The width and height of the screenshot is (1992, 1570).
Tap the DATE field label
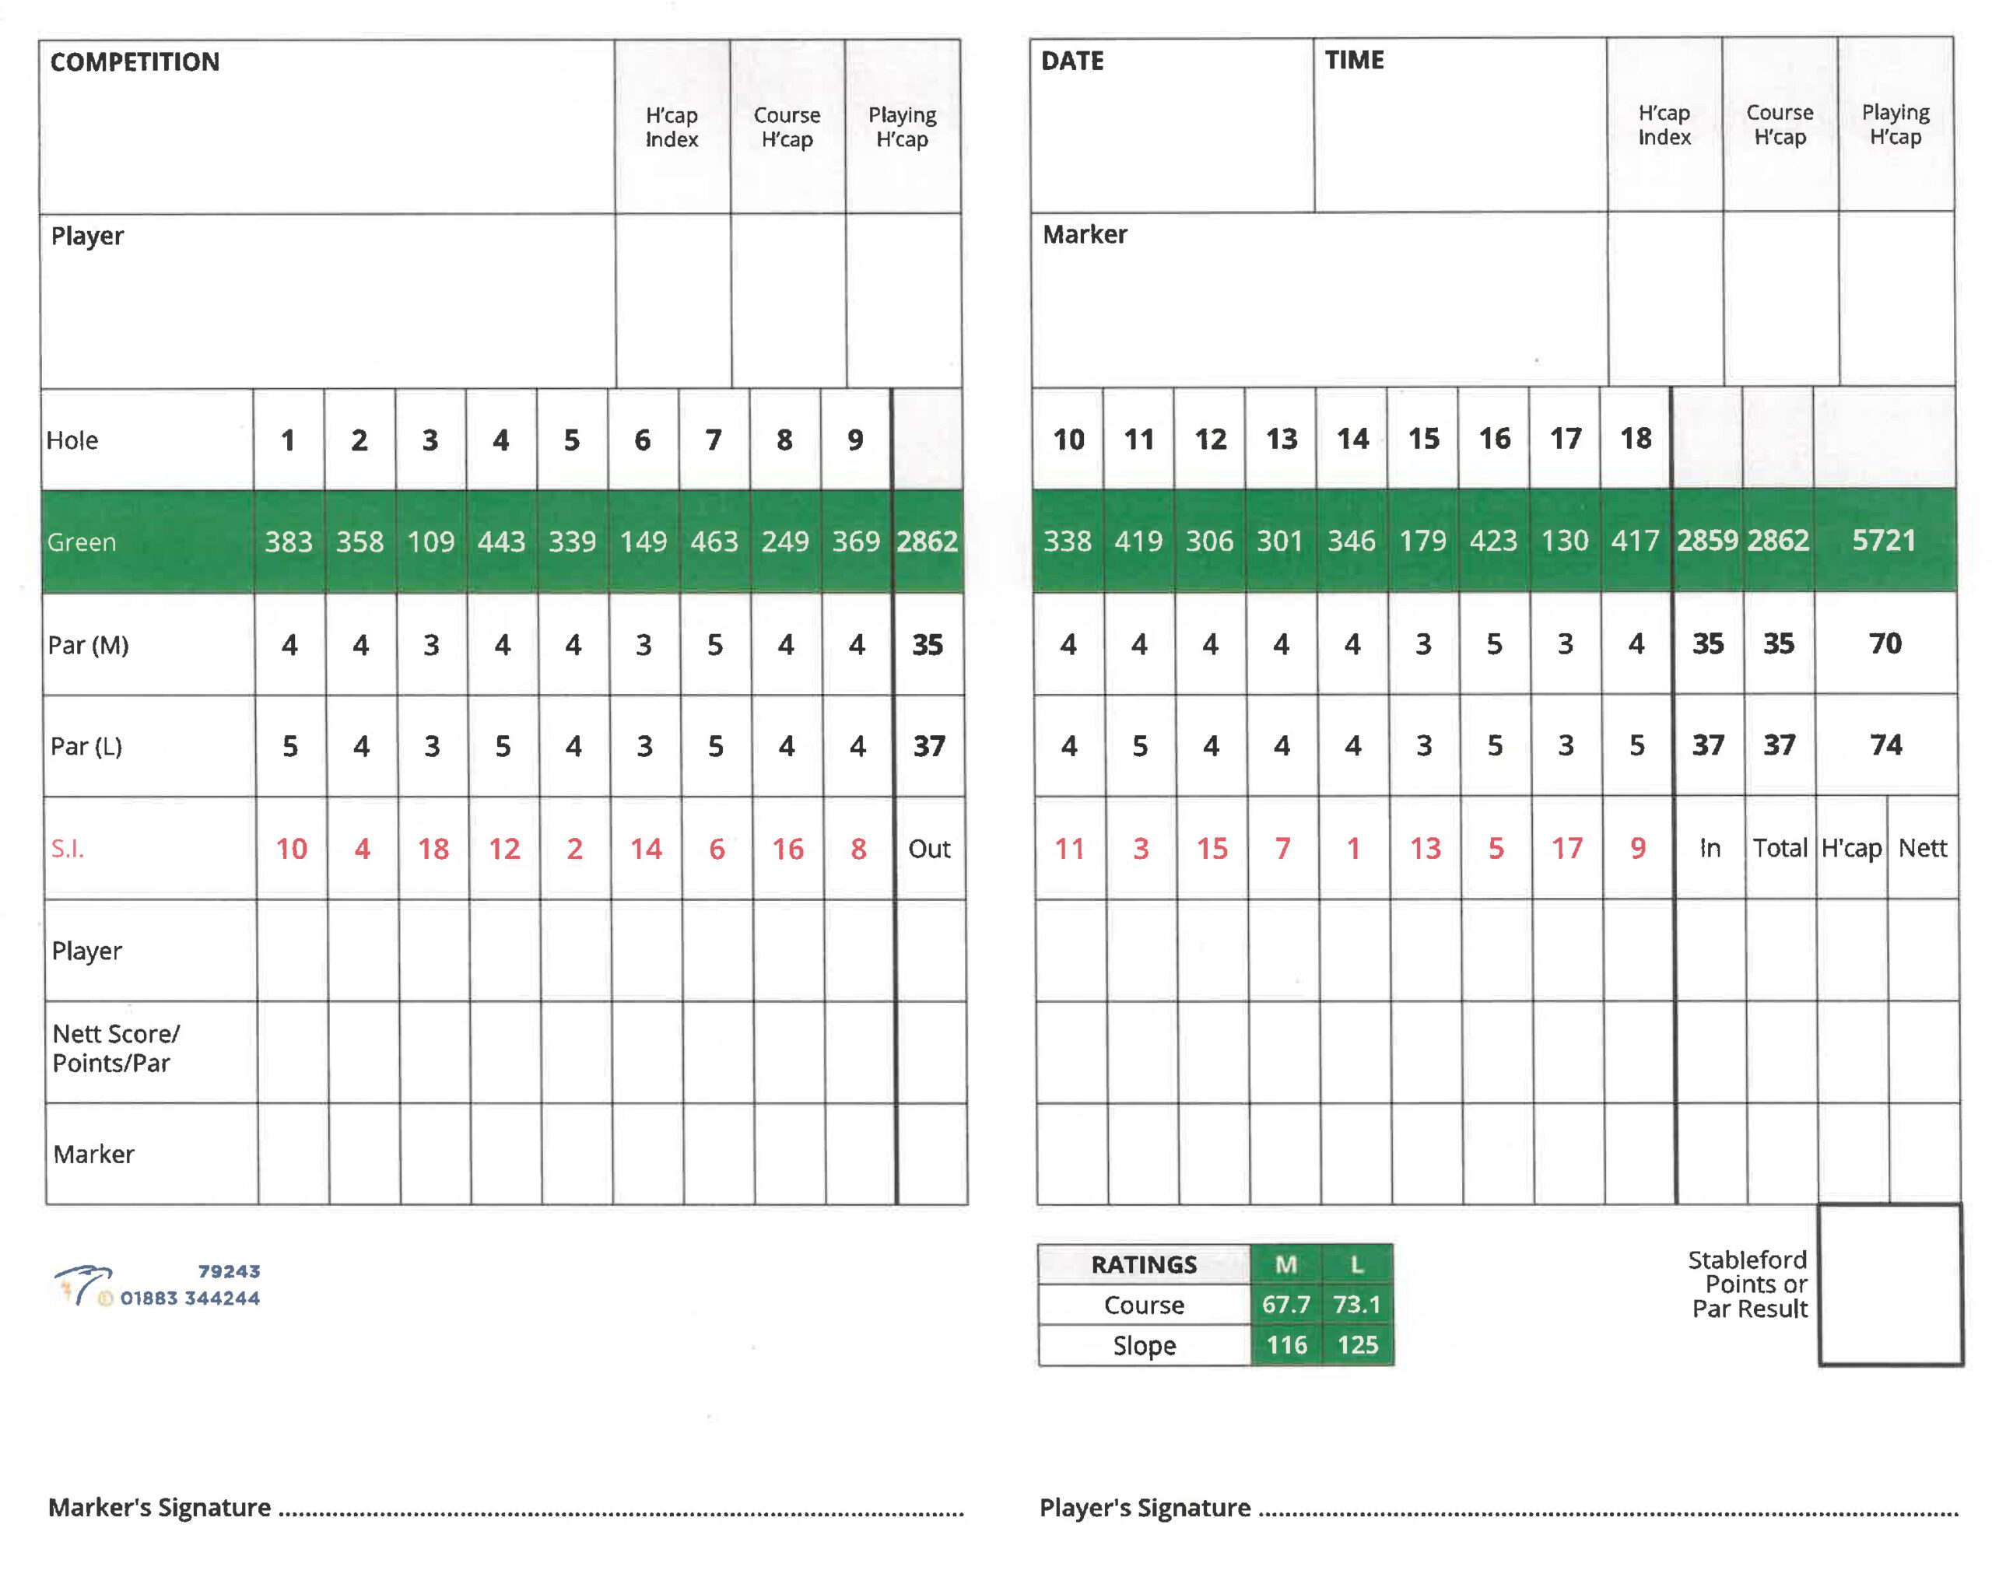[x=1071, y=61]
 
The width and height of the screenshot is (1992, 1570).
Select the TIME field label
[x=1353, y=61]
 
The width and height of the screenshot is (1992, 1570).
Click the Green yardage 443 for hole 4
[x=501, y=541]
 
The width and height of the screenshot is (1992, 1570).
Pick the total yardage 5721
[x=1884, y=541]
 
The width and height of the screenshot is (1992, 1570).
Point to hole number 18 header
[x=1636, y=440]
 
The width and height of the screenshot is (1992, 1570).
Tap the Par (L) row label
[x=86, y=745]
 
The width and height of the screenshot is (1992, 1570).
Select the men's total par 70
[x=1885, y=643]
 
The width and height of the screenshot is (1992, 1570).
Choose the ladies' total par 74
[x=1885, y=745]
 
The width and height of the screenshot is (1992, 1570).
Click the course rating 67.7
[x=1285, y=1305]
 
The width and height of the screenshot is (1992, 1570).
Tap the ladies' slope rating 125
[x=1357, y=1345]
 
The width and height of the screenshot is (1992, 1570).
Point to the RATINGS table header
[x=1144, y=1265]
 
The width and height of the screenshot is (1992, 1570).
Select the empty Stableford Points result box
[x=1889, y=1284]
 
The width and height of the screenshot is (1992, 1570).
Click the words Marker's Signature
[x=159, y=1508]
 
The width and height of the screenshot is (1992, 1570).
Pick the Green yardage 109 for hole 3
[x=430, y=541]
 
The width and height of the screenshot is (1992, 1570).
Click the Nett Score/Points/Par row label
[x=115, y=1049]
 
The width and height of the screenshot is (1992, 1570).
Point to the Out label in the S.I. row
[x=928, y=849]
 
